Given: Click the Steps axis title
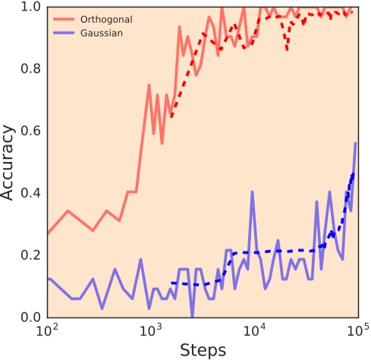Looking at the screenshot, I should (x=202, y=349).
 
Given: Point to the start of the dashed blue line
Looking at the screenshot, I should (x=171, y=283).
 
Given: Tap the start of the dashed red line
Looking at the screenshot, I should (x=171, y=117).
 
